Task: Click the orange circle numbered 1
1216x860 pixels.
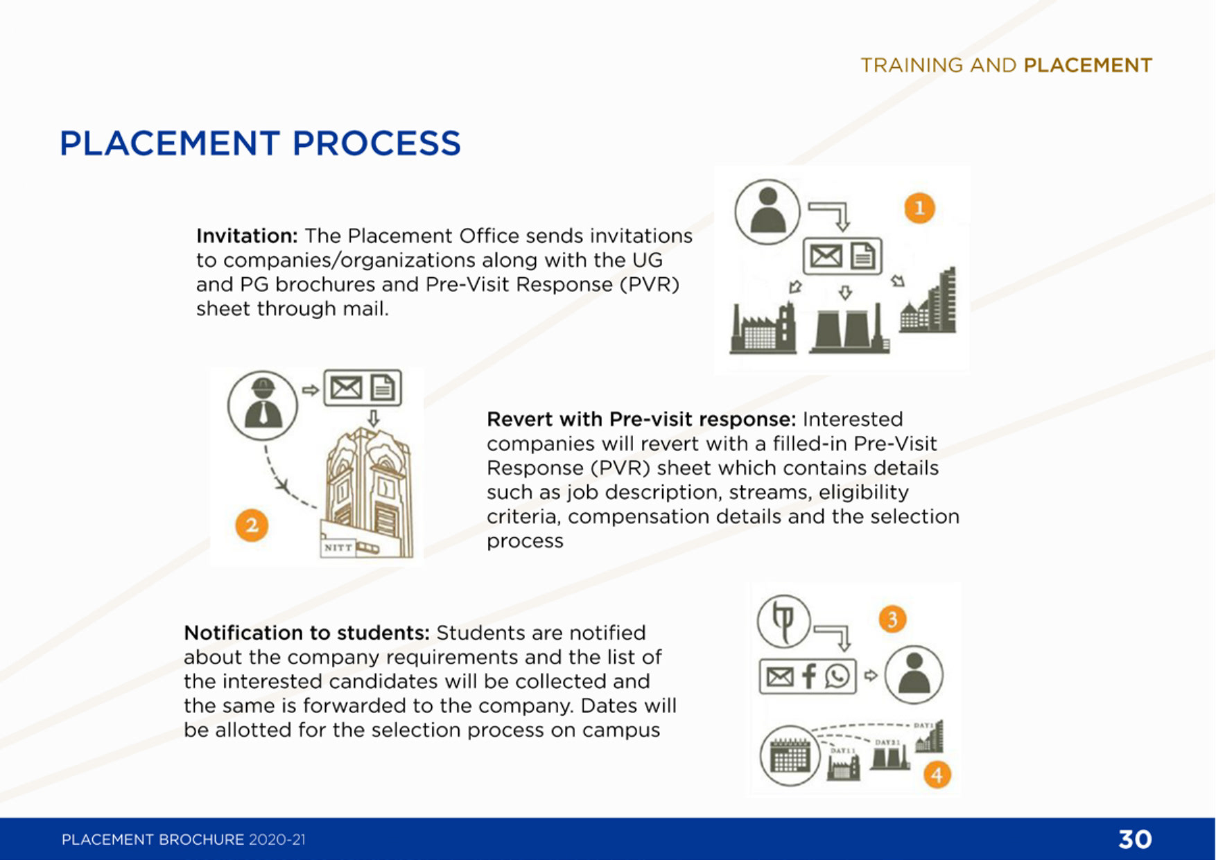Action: pos(919,209)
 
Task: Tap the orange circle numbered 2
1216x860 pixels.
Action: pos(251,525)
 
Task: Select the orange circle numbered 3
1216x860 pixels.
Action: pos(892,619)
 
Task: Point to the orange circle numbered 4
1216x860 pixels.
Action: pos(937,775)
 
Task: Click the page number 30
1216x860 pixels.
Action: pos(1135,839)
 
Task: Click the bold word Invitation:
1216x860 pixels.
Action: pos(247,236)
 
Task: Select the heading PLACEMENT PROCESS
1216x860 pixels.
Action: pos(260,143)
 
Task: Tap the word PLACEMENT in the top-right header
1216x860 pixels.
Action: pos(1088,65)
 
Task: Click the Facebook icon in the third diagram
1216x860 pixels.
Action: pos(808,676)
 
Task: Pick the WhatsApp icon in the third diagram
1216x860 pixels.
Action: pos(837,676)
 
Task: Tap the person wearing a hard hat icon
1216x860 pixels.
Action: pos(262,405)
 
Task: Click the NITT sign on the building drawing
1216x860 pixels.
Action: pos(338,547)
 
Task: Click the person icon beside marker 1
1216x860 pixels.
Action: pos(767,212)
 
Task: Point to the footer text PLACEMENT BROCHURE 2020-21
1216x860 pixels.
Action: pos(183,840)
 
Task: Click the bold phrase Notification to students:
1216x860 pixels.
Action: pos(306,633)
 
